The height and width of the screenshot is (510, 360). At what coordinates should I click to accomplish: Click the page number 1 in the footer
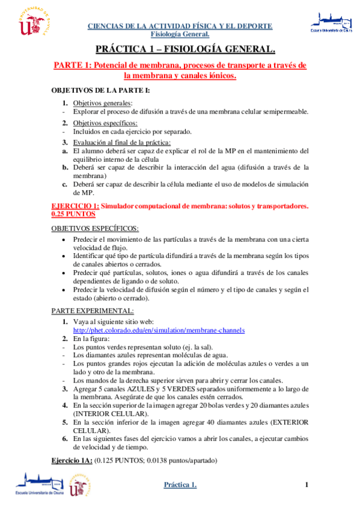point(307,485)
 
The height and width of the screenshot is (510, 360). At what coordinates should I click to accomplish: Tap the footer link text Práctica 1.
point(180,485)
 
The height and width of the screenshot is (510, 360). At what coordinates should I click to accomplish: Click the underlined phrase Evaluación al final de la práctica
point(122,143)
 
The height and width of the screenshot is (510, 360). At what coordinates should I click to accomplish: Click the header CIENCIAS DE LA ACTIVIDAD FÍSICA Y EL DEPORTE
point(180,26)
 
